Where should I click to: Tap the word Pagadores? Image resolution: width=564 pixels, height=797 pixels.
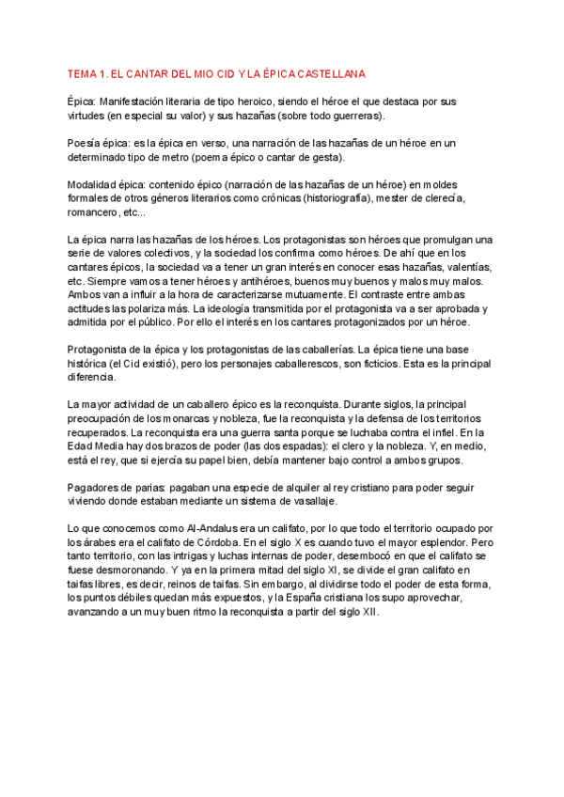click(95, 488)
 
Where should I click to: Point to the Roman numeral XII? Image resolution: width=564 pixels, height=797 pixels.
click(368, 612)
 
